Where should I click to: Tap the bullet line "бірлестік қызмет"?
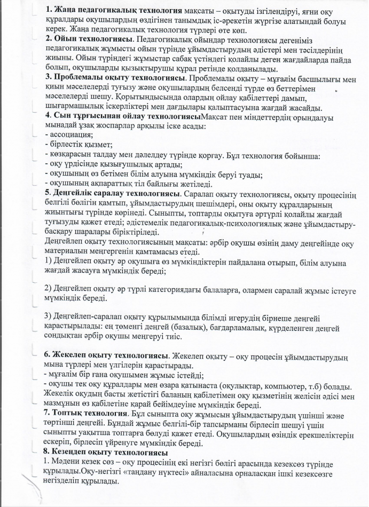pos(80,144)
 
